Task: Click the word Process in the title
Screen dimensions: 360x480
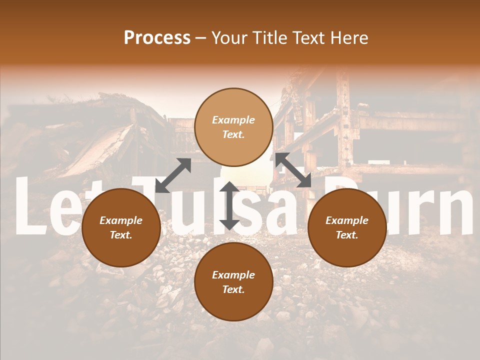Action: coord(157,38)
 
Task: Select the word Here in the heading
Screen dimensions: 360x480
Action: coord(349,38)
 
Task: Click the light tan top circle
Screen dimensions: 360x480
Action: coord(233,127)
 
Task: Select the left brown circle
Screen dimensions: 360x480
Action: coord(121,227)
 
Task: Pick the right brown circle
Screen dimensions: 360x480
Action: coord(346,227)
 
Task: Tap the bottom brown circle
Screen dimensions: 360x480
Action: coord(233,282)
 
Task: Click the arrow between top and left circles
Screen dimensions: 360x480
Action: coord(173,175)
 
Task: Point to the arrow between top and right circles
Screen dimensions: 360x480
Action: coord(293,170)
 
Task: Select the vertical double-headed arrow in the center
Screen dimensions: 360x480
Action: coord(229,205)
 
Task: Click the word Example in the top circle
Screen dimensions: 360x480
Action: coord(233,120)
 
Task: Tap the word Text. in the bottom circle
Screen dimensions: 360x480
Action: coord(233,289)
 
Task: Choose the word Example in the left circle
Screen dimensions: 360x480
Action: coord(121,220)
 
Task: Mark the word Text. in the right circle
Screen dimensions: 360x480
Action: coord(346,235)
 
